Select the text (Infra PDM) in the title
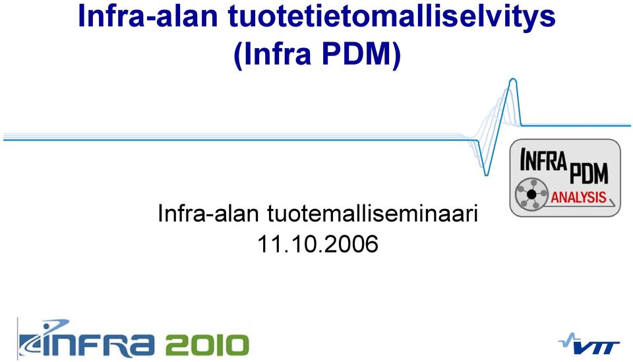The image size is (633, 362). click(x=317, y=53)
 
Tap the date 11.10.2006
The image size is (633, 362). click(x=317, y=244)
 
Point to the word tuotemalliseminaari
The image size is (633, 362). click(x=373, y=213)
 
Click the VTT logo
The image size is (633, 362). click(x=589, y=344)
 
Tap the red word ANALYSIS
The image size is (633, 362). click(x=578, y=197)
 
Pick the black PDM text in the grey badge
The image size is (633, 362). click(x=588, y=173)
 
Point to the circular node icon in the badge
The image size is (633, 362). click(x=531, y=194)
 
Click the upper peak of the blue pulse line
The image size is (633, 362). click(x=513, y=80)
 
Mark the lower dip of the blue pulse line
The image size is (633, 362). click(x=486, y=174)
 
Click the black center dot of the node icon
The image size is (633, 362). click(x=531, y=195)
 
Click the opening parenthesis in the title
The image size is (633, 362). click(x=238, y=55)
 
